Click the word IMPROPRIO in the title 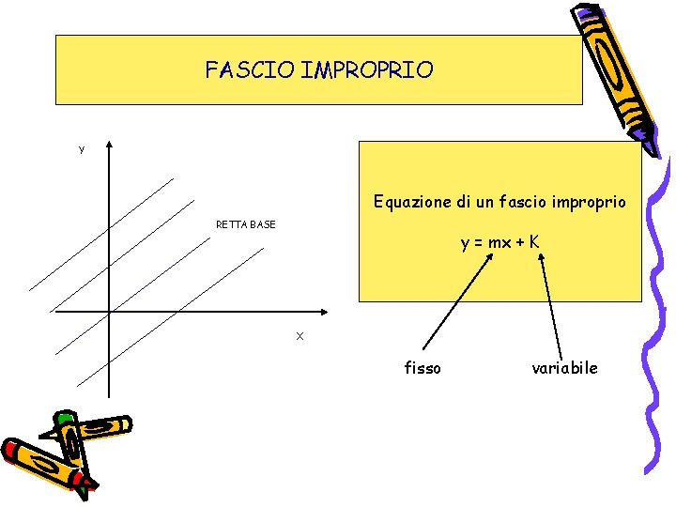368,70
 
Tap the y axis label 82,149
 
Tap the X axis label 300,336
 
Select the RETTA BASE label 246,224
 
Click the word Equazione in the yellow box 409,202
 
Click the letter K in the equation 533,242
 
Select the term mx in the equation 499,243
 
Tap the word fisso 422,368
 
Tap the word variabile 564,368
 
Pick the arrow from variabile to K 551,305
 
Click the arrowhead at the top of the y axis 109,146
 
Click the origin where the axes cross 109,311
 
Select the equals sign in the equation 478,243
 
